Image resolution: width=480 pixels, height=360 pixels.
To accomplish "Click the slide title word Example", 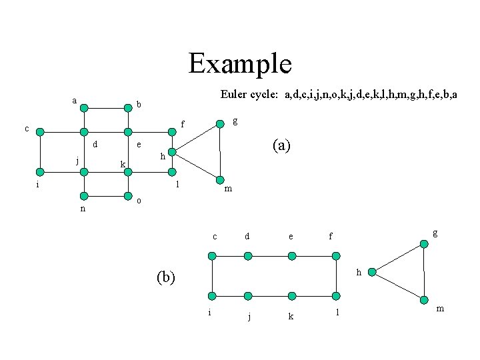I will [240, 64].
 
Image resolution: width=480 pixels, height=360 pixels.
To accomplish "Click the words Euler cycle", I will [250, 95].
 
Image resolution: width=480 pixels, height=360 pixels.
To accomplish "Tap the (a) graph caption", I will [281, 145].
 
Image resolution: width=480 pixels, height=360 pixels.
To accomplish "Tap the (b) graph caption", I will [165, 276].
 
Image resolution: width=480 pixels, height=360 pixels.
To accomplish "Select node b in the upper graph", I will [127, 106].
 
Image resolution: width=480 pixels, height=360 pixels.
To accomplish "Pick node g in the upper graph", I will [219, 124].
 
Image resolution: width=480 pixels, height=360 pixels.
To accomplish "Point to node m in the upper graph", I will [219, 180].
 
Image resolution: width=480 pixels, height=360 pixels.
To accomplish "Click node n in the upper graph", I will [83, 196].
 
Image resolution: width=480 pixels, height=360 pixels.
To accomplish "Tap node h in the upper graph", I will [171, 153].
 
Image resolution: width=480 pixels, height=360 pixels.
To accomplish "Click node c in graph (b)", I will [212, 255].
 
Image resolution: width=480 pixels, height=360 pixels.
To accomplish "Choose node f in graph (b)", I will [336, 255].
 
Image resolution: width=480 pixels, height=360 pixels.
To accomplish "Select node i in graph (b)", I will [212, 296].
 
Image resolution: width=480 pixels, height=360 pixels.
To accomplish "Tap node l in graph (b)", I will [336, 296].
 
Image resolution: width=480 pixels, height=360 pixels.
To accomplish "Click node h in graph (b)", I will [373, 272].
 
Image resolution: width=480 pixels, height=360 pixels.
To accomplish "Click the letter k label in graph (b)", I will [291, 317].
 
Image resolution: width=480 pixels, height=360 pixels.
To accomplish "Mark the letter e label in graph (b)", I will [291, 236].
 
